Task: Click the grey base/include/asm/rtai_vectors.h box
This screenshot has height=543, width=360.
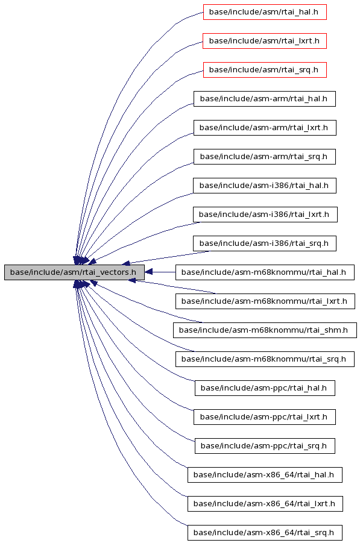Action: pyautogui.click(x=74, y=272)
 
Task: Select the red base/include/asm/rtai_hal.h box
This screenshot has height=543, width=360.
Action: pyautogui.click(x=265, y=12)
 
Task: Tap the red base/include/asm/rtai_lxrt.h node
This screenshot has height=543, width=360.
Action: pyautogui.click(x=265, y=41)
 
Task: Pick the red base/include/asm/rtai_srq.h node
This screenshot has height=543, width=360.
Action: pyautogui.click(x=265, y=70)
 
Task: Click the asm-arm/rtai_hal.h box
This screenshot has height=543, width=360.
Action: pyautogui.click(x=264, y=99)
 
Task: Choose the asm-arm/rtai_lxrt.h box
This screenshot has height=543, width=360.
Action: pyautogui.click(x=265, y=128)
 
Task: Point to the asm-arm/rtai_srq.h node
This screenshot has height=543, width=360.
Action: pyautogui.click(x=264, y=157)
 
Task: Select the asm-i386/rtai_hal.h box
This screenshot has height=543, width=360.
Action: pyautogui.click(x=264, y=186)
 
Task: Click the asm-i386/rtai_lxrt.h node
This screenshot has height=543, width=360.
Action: pyautogui.click(x=265, y=215)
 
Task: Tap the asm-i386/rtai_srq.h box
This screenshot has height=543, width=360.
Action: pyautogui.click(x=264, y=243)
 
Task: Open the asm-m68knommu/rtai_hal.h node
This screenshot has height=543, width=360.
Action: pyautogui.click(x=265, y=272)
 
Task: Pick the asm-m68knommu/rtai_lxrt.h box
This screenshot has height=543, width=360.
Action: pyautogui.click(x=265, y=301)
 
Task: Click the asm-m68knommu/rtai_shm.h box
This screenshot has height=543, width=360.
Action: pyautogui.click(x=265, y=330)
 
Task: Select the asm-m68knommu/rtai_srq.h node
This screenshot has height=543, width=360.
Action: pyautogui.click(x=265, y=359)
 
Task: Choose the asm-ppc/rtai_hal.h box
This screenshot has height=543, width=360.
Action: pyautogui.click(x=265, y=388)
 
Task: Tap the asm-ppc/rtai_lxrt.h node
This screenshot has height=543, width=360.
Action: pyautogui.click(x=264, y=417)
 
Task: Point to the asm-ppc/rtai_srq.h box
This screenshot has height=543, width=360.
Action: pyautogui.click(x=265, y=446)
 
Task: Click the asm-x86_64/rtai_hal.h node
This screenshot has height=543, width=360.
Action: pyautogui.click(x=265, y=475)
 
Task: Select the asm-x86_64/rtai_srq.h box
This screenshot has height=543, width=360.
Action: pyautogui.click(x=265, y=533)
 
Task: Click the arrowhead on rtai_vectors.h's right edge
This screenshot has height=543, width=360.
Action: pyautogui.click(x=148, y=272)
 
